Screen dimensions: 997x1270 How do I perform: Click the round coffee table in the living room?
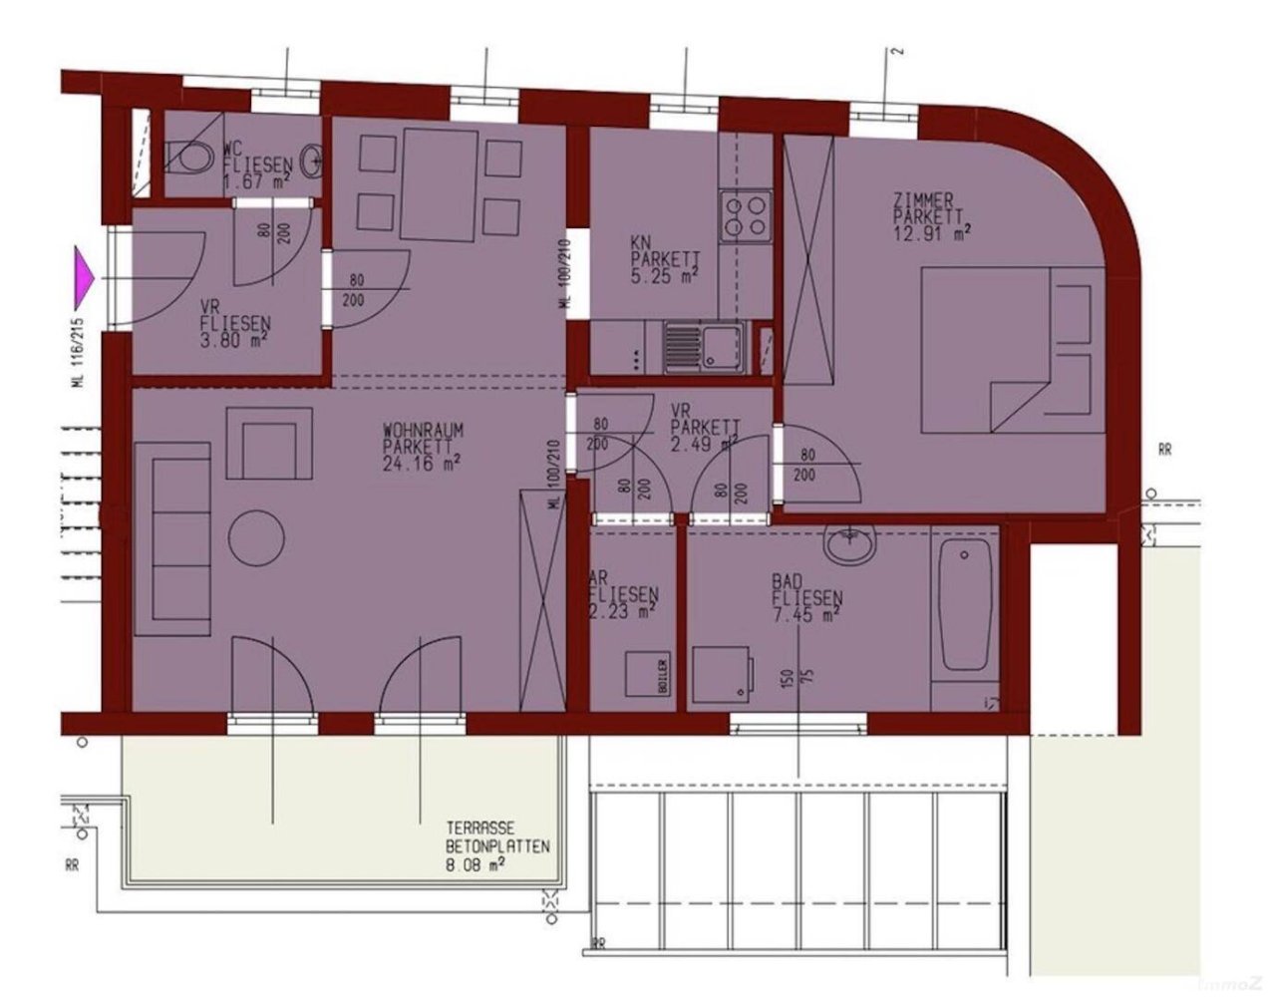[x=257, y=537]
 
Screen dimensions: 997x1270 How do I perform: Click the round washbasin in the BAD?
[x=848, y=544]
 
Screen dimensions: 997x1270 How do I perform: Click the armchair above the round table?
[x=263, y=448]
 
